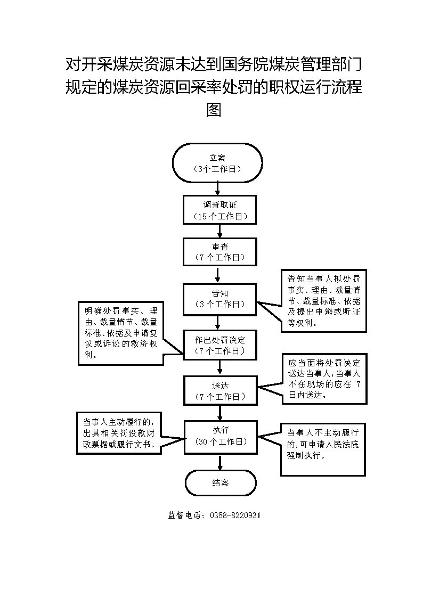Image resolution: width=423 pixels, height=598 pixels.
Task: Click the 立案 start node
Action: pos(217,163)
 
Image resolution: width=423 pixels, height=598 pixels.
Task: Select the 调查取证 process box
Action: pos(219,210)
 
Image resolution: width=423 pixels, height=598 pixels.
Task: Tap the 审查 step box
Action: pos(219,251)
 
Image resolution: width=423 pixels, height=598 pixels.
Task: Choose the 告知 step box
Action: pos(219,298)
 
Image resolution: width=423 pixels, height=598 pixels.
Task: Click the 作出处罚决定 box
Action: pos(219,345)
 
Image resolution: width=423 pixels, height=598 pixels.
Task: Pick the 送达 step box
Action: pos(219,391)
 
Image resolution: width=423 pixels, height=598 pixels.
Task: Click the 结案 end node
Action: pos(220,483)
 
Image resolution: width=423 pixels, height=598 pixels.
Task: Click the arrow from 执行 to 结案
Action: pos(219,461)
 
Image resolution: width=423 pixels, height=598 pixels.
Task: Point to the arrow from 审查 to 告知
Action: pos(217,274)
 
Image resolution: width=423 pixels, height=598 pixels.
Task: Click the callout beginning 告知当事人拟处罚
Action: pos(323,300)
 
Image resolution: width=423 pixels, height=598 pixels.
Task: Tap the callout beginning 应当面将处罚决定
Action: pos(323,378)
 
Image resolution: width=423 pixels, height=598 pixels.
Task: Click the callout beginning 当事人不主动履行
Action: pos(323,448)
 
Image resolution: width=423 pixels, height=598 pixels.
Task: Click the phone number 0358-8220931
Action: pos(235,515)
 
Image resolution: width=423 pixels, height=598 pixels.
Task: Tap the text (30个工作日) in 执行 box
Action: pos(219,441)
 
